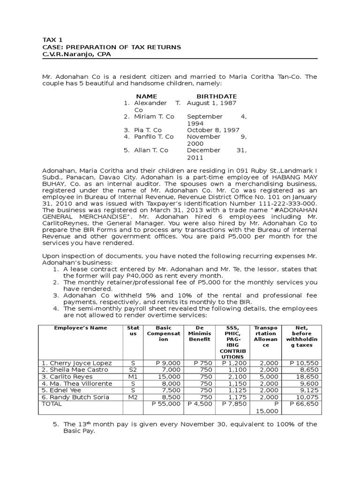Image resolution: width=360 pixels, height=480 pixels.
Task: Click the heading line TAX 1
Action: pos(51,41)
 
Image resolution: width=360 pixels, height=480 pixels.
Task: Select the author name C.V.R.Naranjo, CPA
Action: pos(77,54)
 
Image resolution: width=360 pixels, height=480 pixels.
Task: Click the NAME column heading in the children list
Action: pos(146,96)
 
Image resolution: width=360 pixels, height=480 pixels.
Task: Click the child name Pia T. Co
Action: pos(148,130)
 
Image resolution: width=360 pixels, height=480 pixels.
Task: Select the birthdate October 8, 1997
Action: pos(213,130)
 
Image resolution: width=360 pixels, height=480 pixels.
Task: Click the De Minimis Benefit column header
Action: pos(200,332)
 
